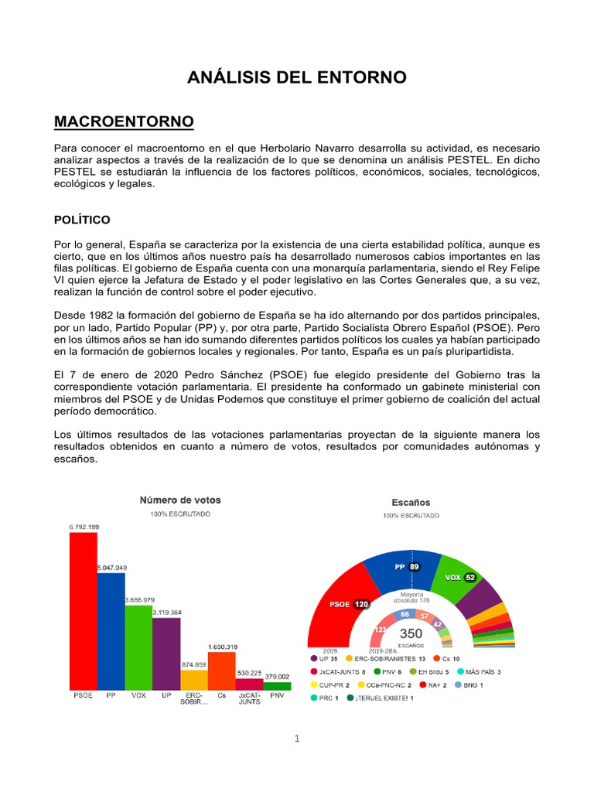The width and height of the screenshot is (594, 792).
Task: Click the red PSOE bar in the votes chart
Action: pos(83,611)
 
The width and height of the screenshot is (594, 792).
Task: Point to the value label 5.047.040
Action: pos(112,568)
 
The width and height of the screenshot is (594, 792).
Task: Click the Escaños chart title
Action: pos(411,502)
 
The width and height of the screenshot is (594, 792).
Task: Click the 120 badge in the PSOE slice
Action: pos(361,605)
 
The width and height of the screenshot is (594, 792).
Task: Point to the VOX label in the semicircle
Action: pos(453,578)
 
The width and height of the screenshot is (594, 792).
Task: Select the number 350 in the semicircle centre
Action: pos(410,633)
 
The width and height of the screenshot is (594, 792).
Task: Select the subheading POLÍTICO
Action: pos(82,220)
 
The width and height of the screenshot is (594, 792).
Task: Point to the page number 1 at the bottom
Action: pos(296,739)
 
